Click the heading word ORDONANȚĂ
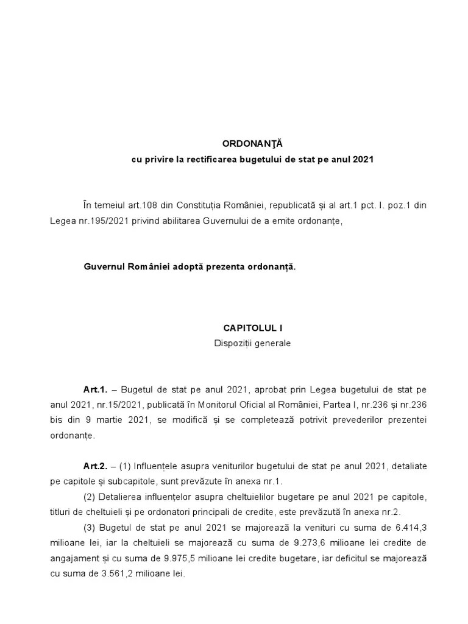(253, 144)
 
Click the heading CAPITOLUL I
(252, 327)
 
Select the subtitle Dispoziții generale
(252, 343)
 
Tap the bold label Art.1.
(96, 389)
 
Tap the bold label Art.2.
(96, 466)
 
